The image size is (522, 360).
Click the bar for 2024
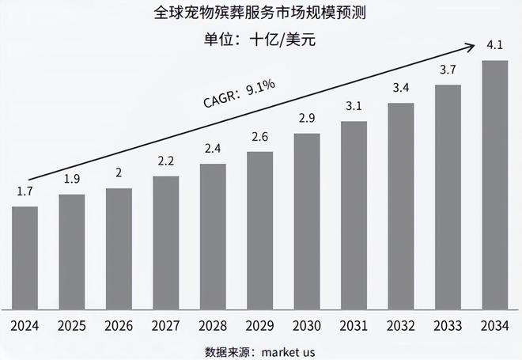coord(25,257)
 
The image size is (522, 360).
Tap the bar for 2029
coord(259,229)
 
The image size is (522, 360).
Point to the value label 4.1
coord(495,45)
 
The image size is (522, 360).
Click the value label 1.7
coord(25,191)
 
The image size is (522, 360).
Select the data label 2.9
coord(307,119)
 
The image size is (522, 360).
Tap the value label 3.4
coord(401,88)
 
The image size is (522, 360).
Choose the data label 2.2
coord(165,161)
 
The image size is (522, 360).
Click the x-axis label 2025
coord(71,325)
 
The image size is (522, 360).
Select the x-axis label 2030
coord(307,325)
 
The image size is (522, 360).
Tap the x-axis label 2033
coord(448,325)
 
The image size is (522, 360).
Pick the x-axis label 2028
coord(213,325)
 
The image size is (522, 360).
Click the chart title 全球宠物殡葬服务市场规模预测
coord(260,13)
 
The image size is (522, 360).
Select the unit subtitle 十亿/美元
coord(282,39)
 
